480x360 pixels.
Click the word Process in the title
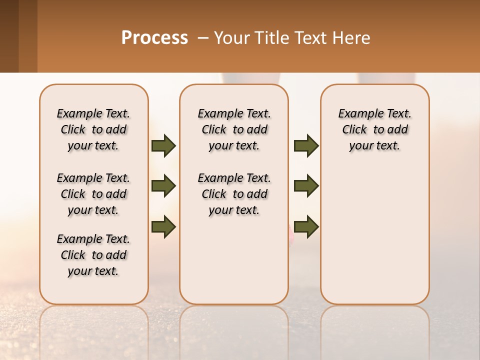(154, 38)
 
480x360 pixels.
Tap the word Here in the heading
(352, 38)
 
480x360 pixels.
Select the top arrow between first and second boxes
(163, 146)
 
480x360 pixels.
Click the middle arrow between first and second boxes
(163, 186)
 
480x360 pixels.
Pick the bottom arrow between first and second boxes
(163, 227)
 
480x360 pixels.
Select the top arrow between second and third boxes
(306, 146)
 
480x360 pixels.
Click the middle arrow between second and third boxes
(306, 186)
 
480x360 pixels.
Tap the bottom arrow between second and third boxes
(306, 227)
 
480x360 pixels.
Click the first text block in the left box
(93, 129)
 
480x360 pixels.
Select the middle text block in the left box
(93, 194)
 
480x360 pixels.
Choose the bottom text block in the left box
(93, 255)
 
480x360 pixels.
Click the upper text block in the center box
(234, 129)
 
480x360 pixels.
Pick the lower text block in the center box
(234, 194)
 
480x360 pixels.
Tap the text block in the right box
(374, 129)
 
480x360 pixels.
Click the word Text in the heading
(311, 38)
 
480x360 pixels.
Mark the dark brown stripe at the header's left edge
(9, 36)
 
